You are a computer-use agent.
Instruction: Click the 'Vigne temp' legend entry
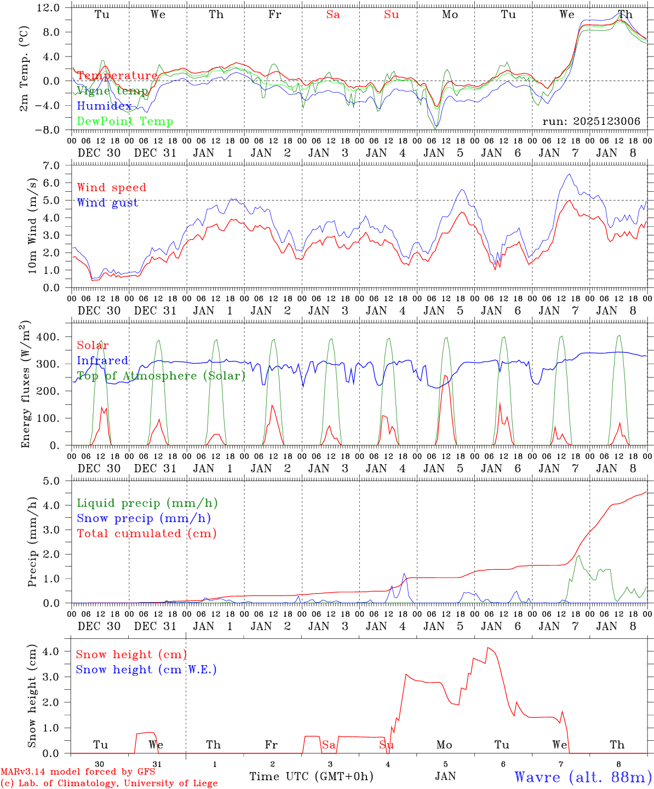coord(112,91)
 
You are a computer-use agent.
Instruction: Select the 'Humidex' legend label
coord(104,106)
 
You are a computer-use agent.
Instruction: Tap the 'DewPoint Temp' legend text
coord(125,122)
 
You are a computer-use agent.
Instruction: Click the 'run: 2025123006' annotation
coord(591,122)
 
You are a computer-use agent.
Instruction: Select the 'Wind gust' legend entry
coord(107,203)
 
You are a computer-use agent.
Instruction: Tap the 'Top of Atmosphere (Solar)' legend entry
coord(161,376)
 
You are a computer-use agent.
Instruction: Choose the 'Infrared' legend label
coord(102,361)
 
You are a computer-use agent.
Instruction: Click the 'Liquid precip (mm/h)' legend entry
coord(147,503)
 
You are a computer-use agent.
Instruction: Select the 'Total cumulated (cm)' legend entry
coord(147,534)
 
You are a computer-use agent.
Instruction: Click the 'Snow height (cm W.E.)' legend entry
coord(146,670)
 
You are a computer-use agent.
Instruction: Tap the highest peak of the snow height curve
coord(487,648)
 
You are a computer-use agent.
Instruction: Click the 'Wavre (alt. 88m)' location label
coord(583,777)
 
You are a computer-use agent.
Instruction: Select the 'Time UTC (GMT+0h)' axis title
coord(311,776)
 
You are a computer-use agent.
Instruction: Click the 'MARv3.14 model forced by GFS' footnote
coord(78,771)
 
